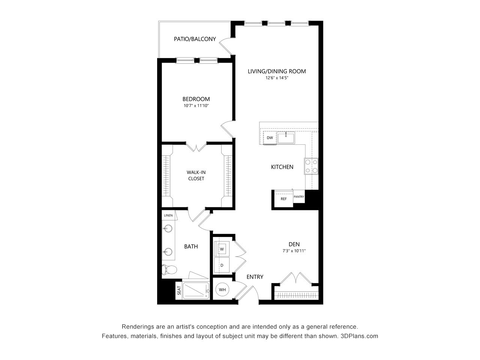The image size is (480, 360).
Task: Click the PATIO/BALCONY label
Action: (x=195, y=39)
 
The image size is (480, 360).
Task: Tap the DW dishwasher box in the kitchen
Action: (x=270, y=138)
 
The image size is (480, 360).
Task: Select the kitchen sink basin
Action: (x=286, y=138)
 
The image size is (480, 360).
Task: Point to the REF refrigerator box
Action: (x=283, y=199)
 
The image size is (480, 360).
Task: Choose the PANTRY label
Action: (x=299, y=196)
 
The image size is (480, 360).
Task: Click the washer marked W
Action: (x=222, y=248)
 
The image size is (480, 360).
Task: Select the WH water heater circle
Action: (x=222, y=289)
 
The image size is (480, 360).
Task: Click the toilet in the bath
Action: (x=170, y=270)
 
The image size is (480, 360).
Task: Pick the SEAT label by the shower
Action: (x=178, y=290)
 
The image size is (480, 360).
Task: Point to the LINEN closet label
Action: (x=168, y=216)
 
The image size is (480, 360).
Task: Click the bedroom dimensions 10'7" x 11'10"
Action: (x=196, y=106)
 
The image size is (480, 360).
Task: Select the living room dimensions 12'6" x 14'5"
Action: (x=277, y=78)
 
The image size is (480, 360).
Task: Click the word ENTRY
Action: (x=255, y=277)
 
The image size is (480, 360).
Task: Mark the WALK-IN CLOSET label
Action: (x=196, y=175)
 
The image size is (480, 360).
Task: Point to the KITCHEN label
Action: (x=282, y=167)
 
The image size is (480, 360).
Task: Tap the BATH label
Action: (x=191, y=246)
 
